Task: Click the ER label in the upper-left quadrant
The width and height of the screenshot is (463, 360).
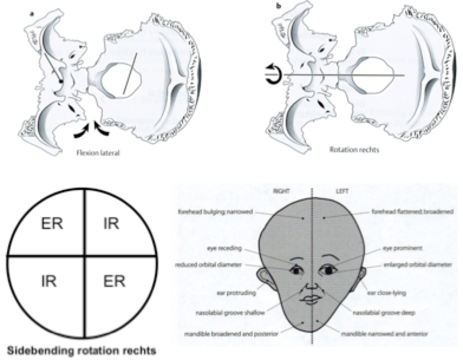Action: coord(53,224)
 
